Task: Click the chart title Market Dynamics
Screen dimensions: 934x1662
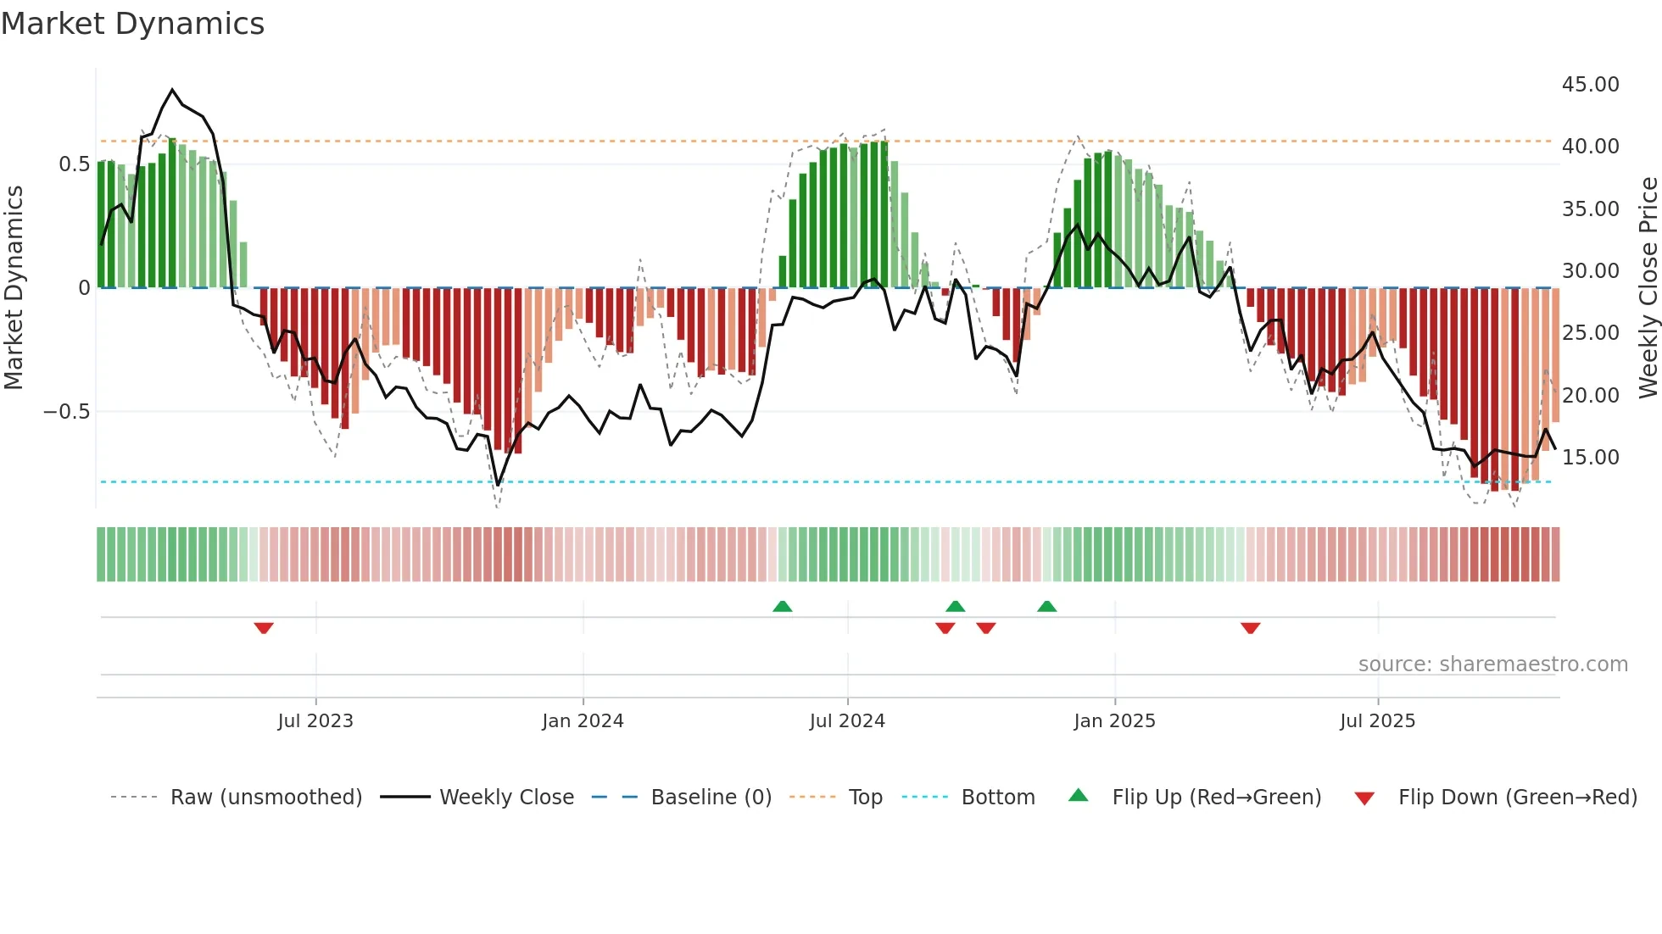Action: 132,24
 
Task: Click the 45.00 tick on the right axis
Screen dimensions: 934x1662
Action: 1590,85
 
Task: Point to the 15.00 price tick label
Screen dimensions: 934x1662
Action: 1590,458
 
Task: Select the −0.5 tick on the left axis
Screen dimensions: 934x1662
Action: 66,412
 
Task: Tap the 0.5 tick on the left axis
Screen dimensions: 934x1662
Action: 74,164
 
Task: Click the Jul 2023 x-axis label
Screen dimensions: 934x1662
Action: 315,721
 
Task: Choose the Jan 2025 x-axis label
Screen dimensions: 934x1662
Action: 1114,721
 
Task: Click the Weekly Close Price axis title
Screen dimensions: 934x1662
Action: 1648,287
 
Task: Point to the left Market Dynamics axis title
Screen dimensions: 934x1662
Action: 14,287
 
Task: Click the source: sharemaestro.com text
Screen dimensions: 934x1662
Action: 1492,664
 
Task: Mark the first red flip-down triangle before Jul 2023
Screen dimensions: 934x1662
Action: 264,628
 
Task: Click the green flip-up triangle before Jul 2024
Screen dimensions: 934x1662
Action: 783,606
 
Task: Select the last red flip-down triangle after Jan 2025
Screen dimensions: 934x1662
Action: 1250,628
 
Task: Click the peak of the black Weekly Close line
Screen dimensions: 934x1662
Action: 172,89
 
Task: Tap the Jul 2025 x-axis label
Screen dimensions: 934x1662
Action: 1377,721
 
